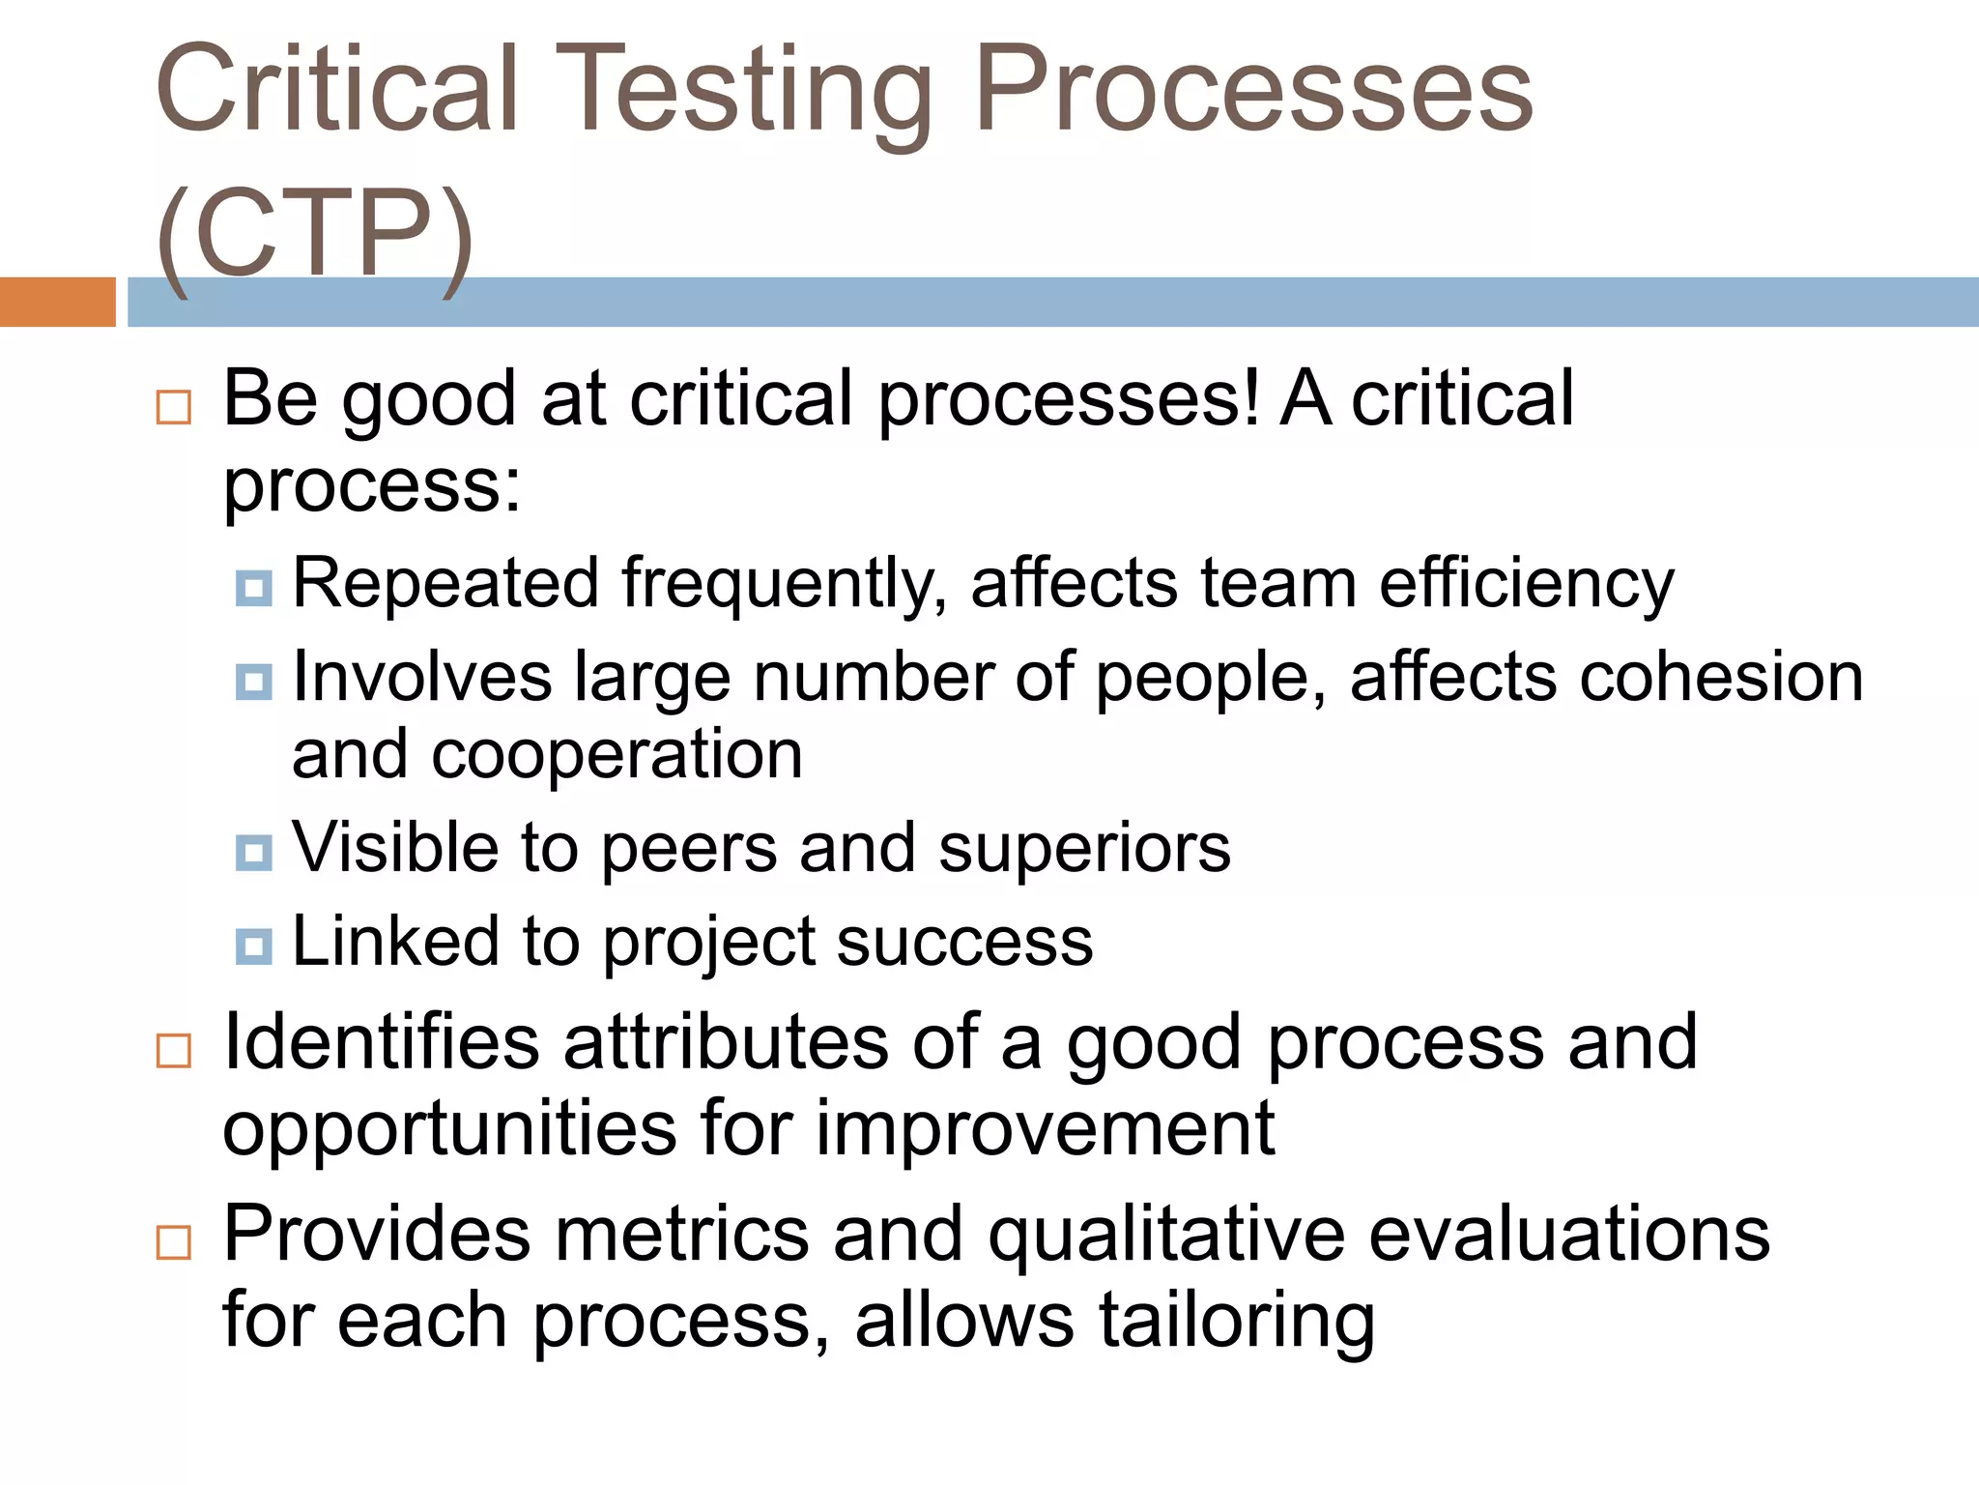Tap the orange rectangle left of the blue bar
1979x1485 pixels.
tap(57, 302)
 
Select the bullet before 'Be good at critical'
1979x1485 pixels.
tap(174, 407)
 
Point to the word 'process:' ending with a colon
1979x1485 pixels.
tap(372, 486)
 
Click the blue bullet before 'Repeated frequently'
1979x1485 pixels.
tap(254, 587)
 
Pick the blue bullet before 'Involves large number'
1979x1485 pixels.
tap(254, 682)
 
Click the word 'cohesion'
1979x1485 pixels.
tap(1721, 677)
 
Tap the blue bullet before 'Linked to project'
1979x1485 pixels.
tap(254, 946)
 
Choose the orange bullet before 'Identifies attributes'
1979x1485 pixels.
tap(174, 1050)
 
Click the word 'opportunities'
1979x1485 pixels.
tap(450, 1129)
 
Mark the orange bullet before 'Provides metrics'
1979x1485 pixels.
tap(174, 1241)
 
